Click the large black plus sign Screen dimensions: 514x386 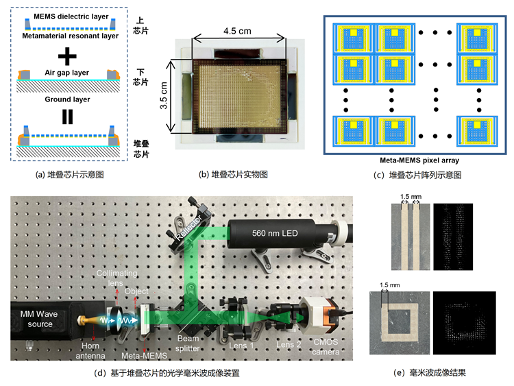[x=67, y=56]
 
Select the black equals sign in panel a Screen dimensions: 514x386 [x=68, y=117]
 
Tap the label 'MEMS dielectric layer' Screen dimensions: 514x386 [x=71, y=16]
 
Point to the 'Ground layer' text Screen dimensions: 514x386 [x=67, y=99]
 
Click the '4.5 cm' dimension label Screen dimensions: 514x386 [x=237, y=31]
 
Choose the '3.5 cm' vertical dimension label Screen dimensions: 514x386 [x=164, y=95]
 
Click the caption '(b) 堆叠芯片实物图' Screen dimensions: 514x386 [x=233, y=174]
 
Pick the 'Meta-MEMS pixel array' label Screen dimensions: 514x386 [x=419, y=160]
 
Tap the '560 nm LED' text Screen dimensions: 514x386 [x=275, y=233]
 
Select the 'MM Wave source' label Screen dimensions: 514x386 [x=39, y=319]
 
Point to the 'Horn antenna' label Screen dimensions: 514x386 [x=90, y=350]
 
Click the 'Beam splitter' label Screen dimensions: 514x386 [x=188, y=343]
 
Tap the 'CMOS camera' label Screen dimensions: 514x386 [x=326, y=347]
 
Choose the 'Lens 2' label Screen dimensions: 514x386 [x=289, y=345]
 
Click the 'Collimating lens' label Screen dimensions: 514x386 [x=117, y=278]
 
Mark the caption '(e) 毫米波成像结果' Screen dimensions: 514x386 [x=430, y=372]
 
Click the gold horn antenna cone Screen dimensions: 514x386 [x=88, y=320]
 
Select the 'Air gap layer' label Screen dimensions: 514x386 [x=67, y=73]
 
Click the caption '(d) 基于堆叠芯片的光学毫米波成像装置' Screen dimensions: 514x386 [x=167, y=373]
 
